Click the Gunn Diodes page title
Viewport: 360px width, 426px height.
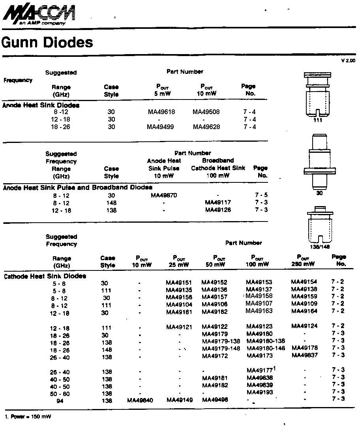47,42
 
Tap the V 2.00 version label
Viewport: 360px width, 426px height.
348,60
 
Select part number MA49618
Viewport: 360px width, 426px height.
161,112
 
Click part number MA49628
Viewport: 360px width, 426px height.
206,127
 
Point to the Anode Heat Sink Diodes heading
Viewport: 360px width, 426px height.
41,105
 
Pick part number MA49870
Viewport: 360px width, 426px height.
164,195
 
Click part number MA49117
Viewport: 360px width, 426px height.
218,203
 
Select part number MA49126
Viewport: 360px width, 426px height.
218,210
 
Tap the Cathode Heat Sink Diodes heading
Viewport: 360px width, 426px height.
45,276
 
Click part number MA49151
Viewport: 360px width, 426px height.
179,283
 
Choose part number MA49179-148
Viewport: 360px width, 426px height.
221,348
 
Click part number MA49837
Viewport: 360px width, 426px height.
304,355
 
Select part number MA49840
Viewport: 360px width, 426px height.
140,400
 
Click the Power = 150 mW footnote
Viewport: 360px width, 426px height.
28,417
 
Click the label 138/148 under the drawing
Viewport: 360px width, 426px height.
320,246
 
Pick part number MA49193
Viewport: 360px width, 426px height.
259,392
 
